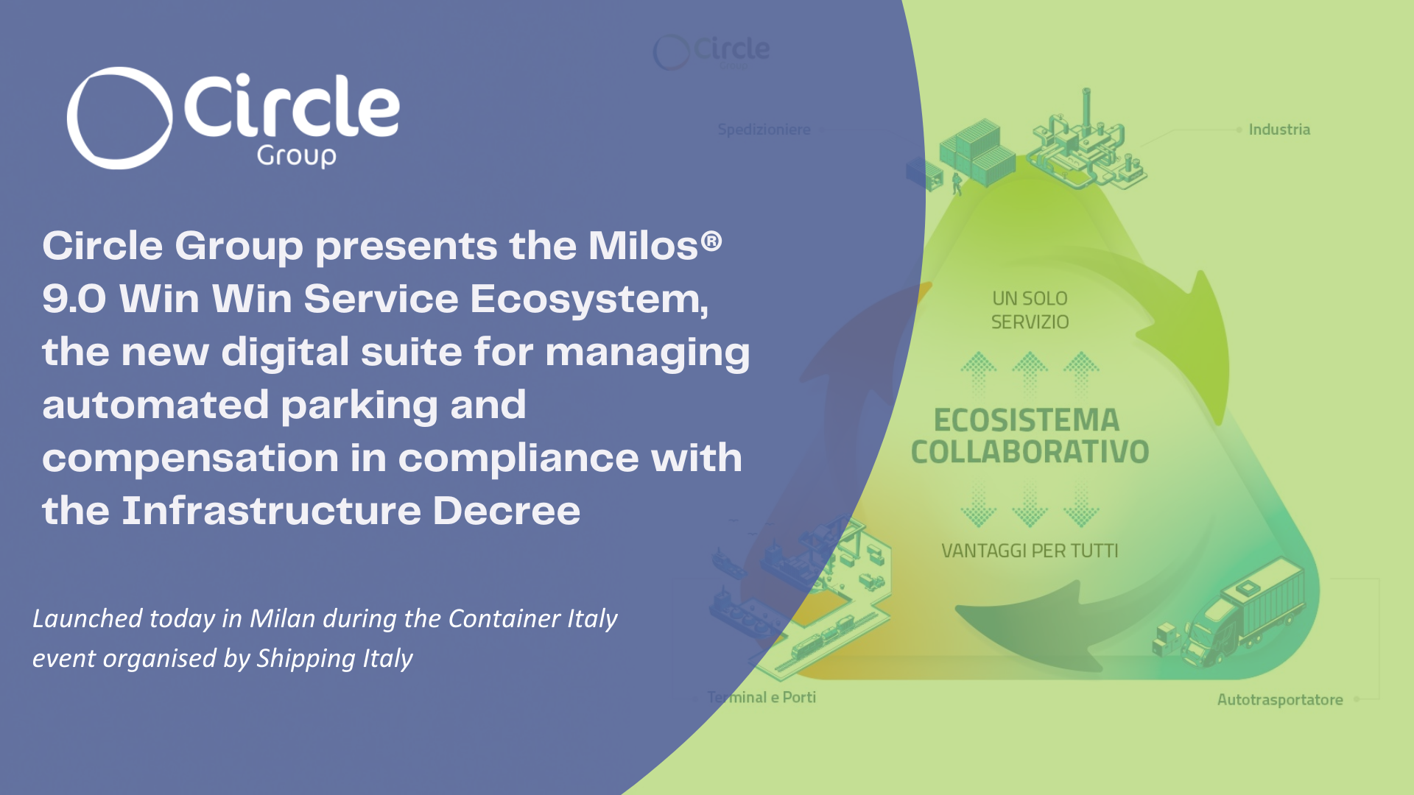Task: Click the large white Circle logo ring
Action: coord(120,118)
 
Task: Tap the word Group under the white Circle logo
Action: coord(296,155)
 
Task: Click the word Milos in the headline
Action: coord(642,245)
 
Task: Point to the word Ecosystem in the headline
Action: coord(588,299)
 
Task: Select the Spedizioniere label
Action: coord(764,130)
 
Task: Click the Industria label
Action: coord(1279,130)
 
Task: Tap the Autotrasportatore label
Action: coord(1279,699)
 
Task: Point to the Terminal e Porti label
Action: coord(761,697)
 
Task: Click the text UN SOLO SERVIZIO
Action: coord(1030,310)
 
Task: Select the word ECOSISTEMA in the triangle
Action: coord(1027,420)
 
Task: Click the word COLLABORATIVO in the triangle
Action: coord(1030,452)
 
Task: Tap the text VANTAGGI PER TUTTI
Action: coord(1030,551)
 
